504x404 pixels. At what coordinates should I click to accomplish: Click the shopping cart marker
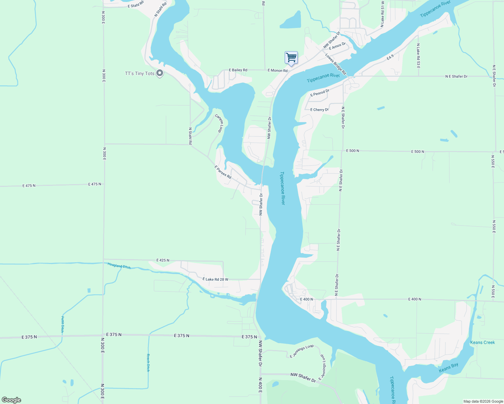[291, 58]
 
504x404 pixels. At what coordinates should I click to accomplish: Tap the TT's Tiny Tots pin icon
[160, 73]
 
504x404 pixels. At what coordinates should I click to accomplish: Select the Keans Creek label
[482, 342]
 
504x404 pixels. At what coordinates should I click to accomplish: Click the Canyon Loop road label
[219, 123]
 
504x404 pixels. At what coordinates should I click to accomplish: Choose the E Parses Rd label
[223, 172]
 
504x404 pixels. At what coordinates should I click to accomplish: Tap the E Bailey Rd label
[238, 70]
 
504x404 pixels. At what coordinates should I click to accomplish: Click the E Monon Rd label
[278, 70]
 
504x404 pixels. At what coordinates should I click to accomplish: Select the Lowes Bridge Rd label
[336, 64]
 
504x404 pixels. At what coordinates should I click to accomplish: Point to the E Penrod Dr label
[320, 93]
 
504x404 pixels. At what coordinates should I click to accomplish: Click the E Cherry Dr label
[319, 110]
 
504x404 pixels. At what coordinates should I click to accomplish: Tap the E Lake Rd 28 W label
[215, 279]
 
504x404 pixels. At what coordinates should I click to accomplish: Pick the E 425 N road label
[163, 260]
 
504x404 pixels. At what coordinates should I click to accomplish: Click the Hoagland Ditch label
[119, 266]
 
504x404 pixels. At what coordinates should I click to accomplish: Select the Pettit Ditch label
[62, 325]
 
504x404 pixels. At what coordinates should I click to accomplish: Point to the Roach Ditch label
[148, 363]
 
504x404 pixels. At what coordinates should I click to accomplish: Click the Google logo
[11, 400]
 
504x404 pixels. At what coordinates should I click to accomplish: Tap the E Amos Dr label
[337, 46]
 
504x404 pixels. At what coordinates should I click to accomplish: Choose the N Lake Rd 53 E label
[418, 56]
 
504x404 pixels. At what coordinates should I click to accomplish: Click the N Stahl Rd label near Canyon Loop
[190, 136]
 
